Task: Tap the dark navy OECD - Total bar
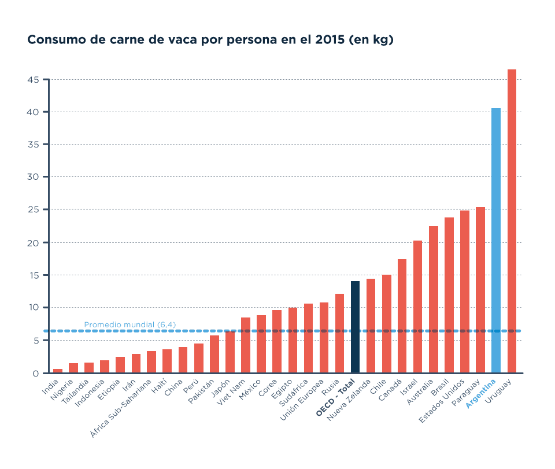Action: pos(355,327)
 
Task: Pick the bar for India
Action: pos(58,371)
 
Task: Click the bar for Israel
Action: pos(417,306)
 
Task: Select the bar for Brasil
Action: pos(449,295)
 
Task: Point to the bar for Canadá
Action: pos(402,316)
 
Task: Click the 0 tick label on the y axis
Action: pos(36,374)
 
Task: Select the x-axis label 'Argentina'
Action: pos(482,394)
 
